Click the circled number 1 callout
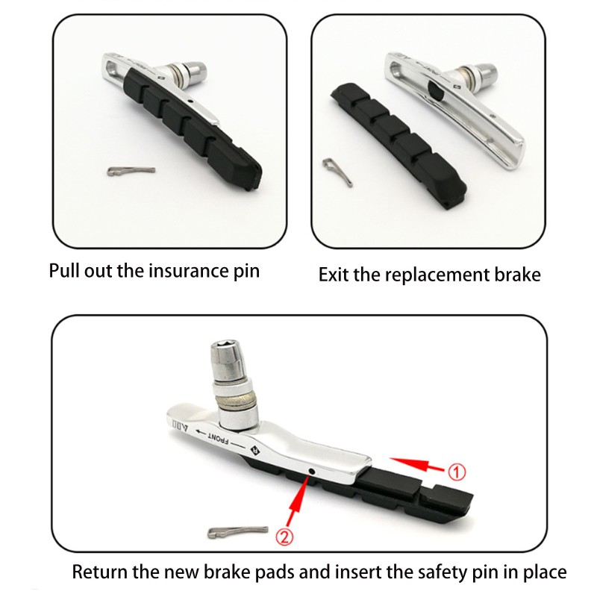click(x=456, y=471)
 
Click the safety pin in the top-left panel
click(x=131, y=171)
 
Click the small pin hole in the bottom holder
click(x=310, y=472)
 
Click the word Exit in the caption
click(x=334, y=275)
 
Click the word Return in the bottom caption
click(x=99, y=572)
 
